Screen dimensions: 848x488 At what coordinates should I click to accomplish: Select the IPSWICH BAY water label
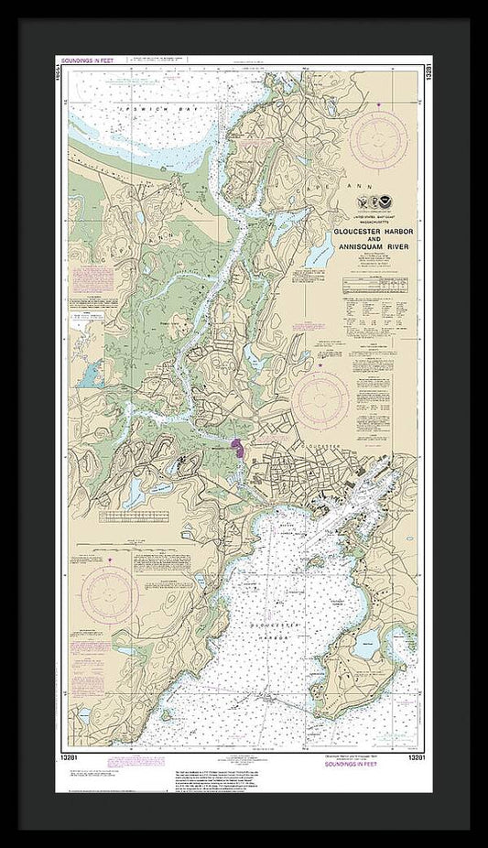click(x=128, y=108)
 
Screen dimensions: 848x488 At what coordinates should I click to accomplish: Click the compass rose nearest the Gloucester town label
click(x=323, y=398)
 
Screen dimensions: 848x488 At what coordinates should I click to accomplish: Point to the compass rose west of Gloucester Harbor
click(x=110, y=594)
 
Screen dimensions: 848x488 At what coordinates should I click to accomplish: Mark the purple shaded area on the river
click(x=237, y=448)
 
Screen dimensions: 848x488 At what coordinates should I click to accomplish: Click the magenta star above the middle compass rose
click(x=320, y=364)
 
